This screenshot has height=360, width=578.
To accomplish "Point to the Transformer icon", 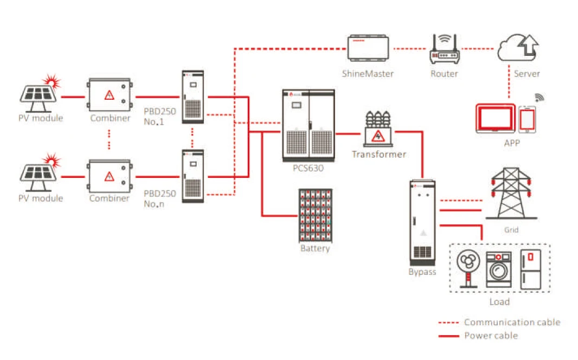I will (378, 129).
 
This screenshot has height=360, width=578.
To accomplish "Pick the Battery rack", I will (315, 215).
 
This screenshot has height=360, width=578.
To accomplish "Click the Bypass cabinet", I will (422, 222).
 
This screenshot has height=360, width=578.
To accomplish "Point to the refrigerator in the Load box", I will (531, 269).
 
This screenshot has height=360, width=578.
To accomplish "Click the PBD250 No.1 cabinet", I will (192, 97).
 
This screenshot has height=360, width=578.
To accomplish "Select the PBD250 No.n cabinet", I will (192, 177).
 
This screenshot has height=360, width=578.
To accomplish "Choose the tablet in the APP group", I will (494, 119).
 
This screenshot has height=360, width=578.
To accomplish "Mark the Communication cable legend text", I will (512, 322).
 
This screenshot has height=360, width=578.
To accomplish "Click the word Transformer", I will (378, 155).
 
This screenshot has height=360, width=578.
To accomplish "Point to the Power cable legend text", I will (491, 336).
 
